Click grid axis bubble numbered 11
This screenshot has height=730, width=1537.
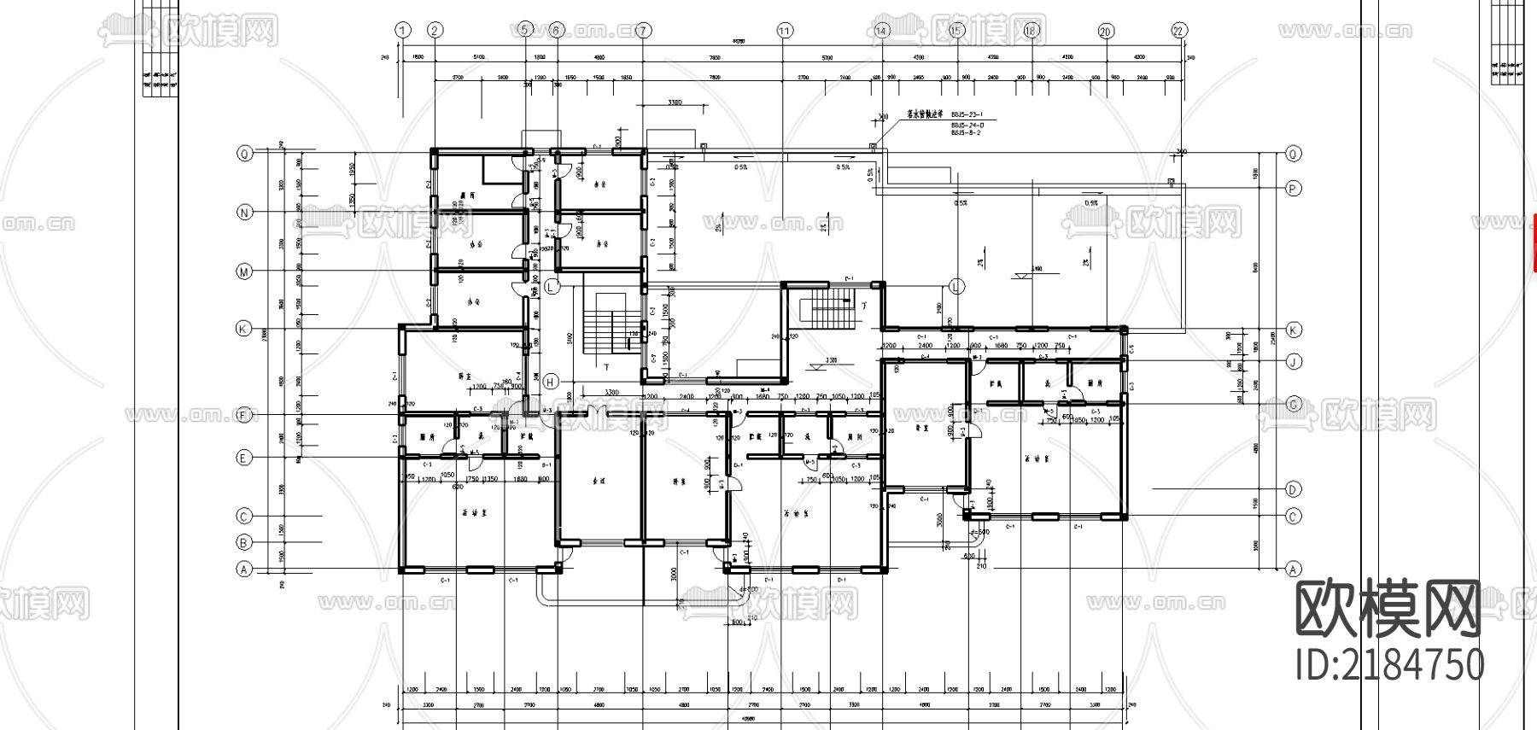click(x=785, y=31)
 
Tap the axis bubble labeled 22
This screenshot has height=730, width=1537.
click(x=1179, y=31)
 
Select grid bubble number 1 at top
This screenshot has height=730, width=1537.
click(x=403, y=31)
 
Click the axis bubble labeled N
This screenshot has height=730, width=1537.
click(x=244, y=213)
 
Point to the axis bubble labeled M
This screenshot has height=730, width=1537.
click(x=244, y=272)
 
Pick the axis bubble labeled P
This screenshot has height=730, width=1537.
click(x=1294, y=188)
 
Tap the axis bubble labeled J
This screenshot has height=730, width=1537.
click(x=1294, y=361)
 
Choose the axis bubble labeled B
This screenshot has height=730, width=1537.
click(x=244, y=542)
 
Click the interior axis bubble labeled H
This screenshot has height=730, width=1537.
click(x=552, y=381)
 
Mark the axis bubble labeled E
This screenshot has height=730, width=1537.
click(x=244, y=458)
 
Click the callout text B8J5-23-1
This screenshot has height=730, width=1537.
click(x=967, y=114)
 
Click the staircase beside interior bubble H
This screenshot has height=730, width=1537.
click(x=605, y=324)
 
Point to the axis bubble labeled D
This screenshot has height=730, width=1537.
click(x=1294, y=489)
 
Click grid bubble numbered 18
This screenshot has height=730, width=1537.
click(x=1031, y=31)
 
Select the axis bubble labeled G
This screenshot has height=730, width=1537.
click(x=1294, y=404)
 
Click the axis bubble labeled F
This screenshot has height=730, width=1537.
click(x=244, y=415)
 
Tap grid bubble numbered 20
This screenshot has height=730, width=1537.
click(x=1106, y=31)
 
